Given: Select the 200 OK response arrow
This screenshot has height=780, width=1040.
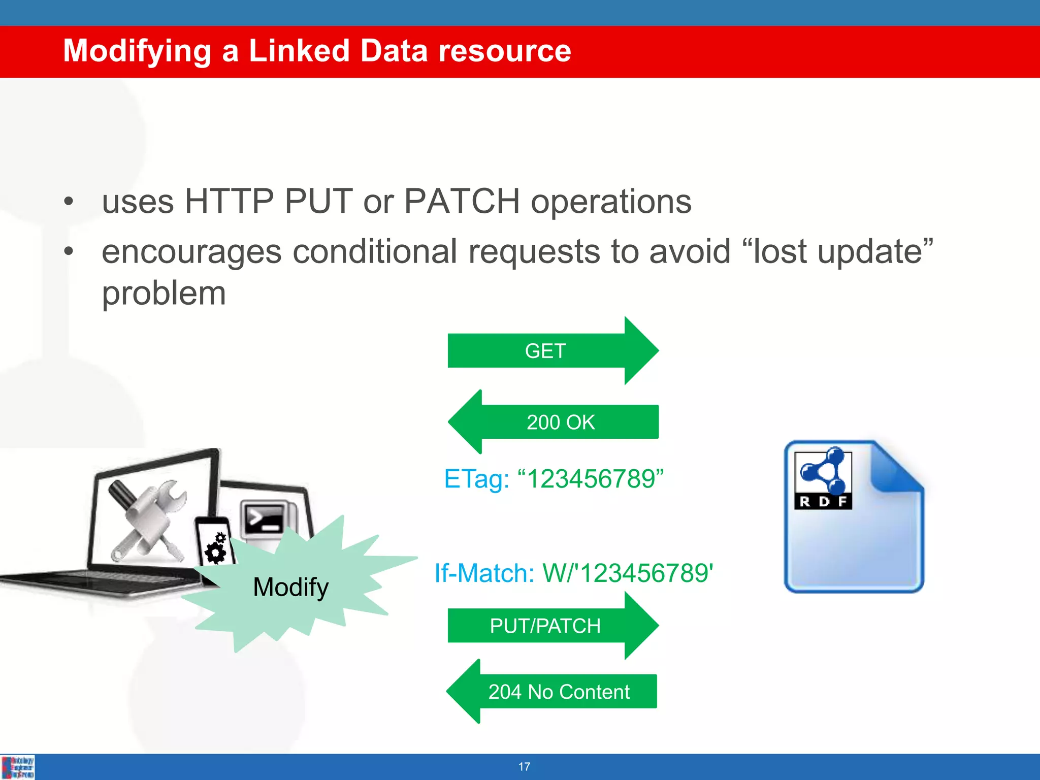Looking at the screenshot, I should (x=559, y=422).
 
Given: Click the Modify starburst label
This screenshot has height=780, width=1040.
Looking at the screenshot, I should (x=290, y=588).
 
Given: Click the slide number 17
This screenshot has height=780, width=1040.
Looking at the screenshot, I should (x=524, y=767).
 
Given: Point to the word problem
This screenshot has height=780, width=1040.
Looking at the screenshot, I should (x=164, y=294).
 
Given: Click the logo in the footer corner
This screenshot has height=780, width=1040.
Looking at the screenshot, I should (x=18, y=767).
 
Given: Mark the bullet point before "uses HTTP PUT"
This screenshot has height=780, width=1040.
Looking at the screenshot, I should (x=69, y=202).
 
